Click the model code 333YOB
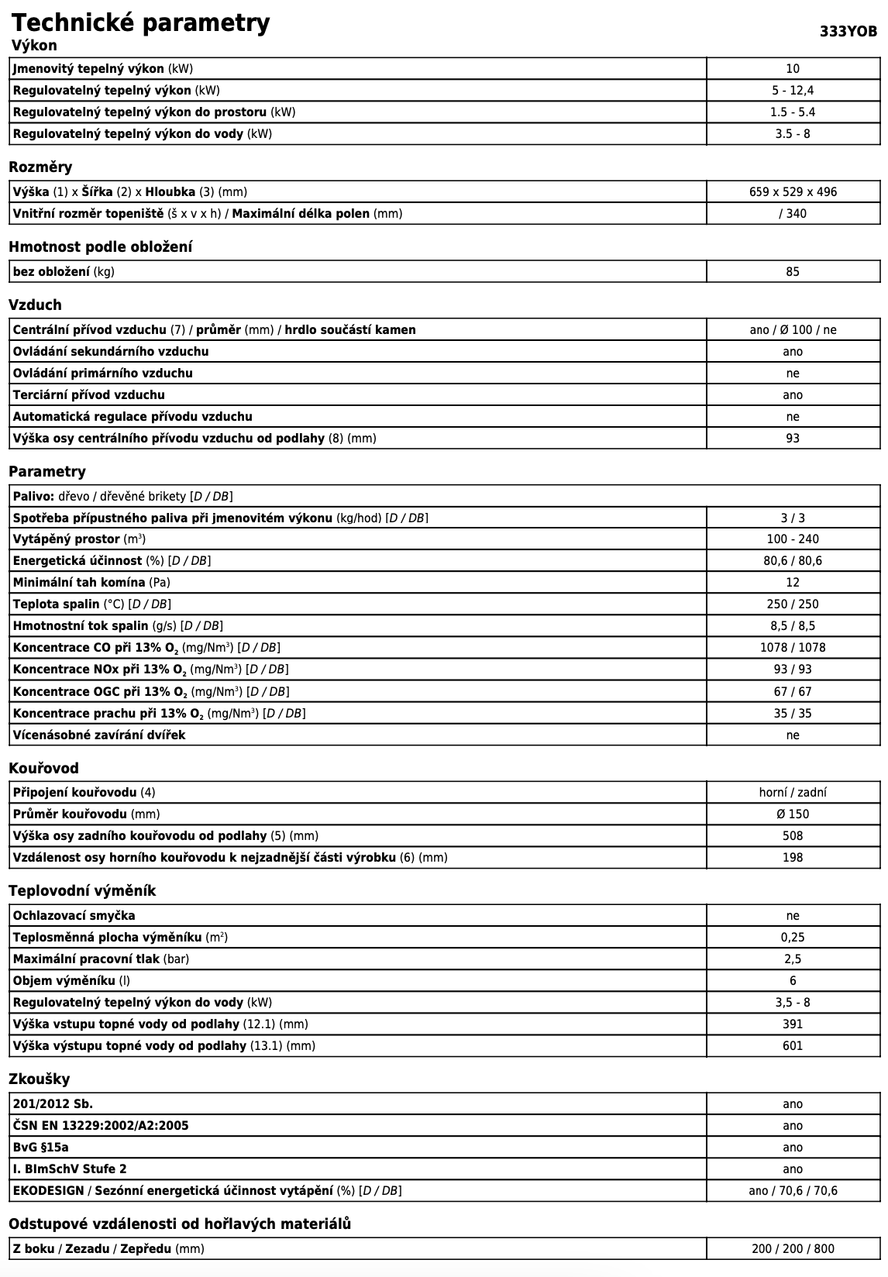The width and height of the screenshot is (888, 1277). [848, 32]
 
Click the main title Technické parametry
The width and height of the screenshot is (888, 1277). [140, 22]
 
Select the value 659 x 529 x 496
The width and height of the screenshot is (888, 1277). [793, 191]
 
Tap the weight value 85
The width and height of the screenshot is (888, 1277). [792, 271]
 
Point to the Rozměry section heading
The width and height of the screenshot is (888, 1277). [40, 167]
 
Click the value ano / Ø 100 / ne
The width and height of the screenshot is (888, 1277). [793, 329]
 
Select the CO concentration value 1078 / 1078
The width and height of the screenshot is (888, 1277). [793, 647]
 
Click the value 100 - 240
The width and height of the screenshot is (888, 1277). [793, 539]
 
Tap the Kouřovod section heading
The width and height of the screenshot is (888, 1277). [43, 768]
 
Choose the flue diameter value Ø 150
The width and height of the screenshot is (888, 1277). [793, 814]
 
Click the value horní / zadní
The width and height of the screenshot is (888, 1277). [793, 792]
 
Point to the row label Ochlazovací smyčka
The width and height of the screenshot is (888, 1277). [74, 915]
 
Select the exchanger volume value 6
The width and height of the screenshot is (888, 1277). [793, 980]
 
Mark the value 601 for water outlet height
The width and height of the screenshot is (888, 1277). [793, 1045]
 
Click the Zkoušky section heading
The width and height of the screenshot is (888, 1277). [39, 1079]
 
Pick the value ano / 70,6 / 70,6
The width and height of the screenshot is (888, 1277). [793, 1190]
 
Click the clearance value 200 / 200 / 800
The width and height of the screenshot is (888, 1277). [793, 1248]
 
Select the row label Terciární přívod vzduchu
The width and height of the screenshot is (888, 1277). [88, 394]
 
